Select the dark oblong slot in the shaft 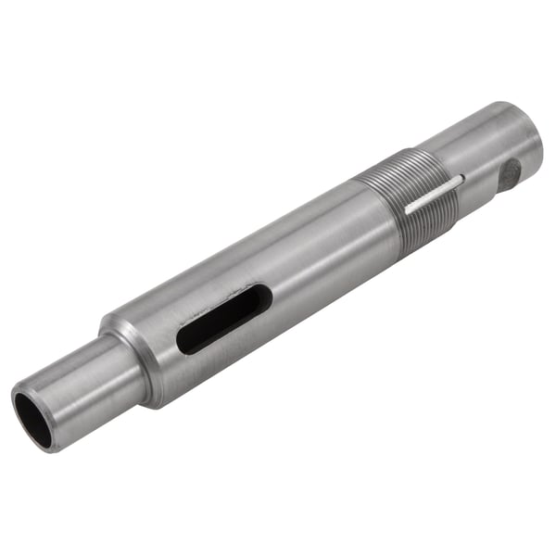[x=223, y=319]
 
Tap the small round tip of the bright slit [x=460, y=180]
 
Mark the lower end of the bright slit [x=408, y=210]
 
